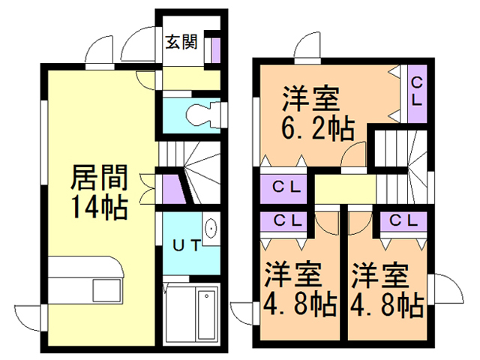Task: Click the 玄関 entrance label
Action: point(181,42)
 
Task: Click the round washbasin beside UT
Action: point(211,228)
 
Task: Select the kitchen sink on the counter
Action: point(100,289)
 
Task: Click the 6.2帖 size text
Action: point(318,129)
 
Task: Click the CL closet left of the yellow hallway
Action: point(286,187)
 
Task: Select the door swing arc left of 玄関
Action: point(136,44)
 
